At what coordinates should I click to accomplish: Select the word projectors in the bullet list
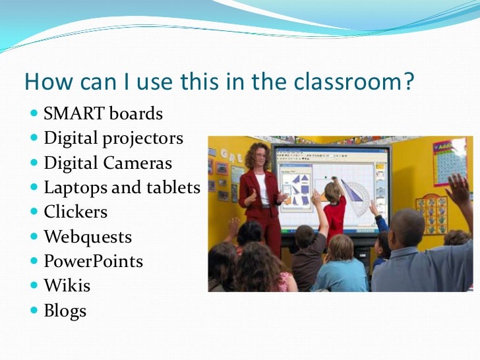(x=144, y=138)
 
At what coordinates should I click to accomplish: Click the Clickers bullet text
(x=75, y=212)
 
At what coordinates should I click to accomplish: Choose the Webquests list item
(x=88, y=237)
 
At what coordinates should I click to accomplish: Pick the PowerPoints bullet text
(x=93, y=261)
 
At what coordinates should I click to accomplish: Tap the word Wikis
(x=67, y=286)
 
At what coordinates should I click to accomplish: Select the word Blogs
(x=65, y=311)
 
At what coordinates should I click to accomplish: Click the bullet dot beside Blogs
(x=34, y=311)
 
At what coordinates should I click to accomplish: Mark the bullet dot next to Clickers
(x=34, y=212)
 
